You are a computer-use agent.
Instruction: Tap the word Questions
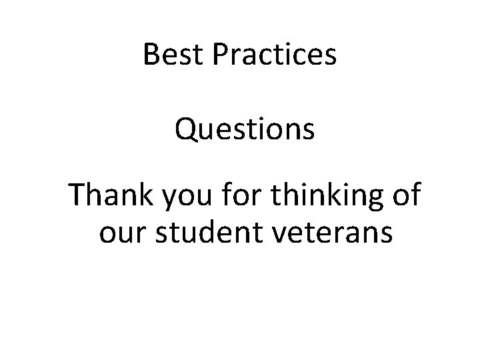[245, 129]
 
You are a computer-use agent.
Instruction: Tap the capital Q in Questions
[187, 130]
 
